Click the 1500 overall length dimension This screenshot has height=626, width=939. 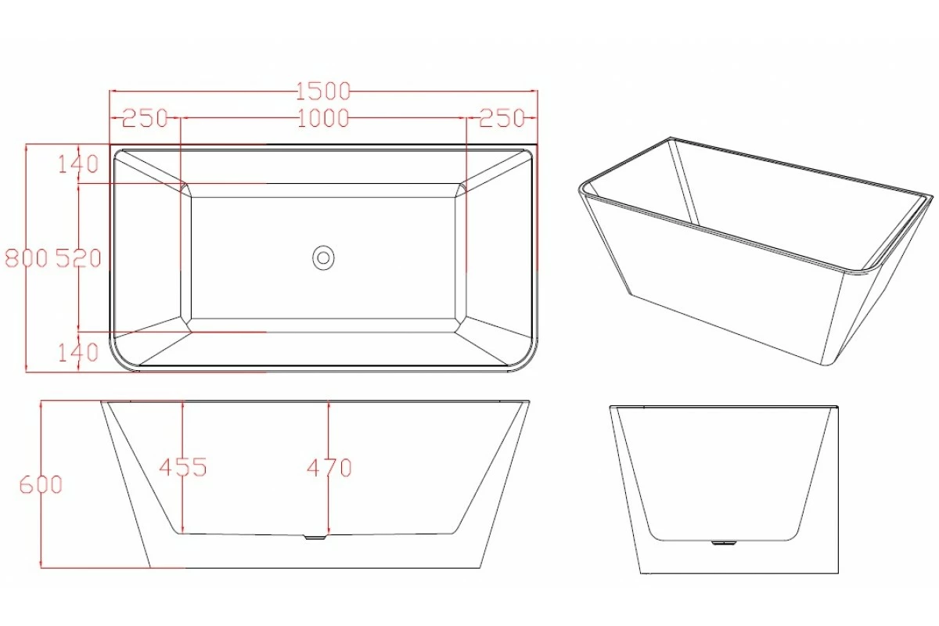coord(323,92)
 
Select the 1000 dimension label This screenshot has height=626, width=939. coord(323,118)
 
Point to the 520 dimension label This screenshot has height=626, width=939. coord(78,257)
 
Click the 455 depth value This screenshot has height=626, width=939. coord(182,467)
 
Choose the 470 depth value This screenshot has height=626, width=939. coord(329,468)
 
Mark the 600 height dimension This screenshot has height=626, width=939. coord(40,484)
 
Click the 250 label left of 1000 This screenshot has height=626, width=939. coord(146,118)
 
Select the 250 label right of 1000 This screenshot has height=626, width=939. coord(501,118)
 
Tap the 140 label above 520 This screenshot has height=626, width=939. coord(78,164)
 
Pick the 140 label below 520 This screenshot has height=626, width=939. coord(78,352)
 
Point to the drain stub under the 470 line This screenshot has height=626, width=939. coord(315,538)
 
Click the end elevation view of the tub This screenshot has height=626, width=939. coord(724,485)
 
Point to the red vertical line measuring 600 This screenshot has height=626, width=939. coord(40,532)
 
